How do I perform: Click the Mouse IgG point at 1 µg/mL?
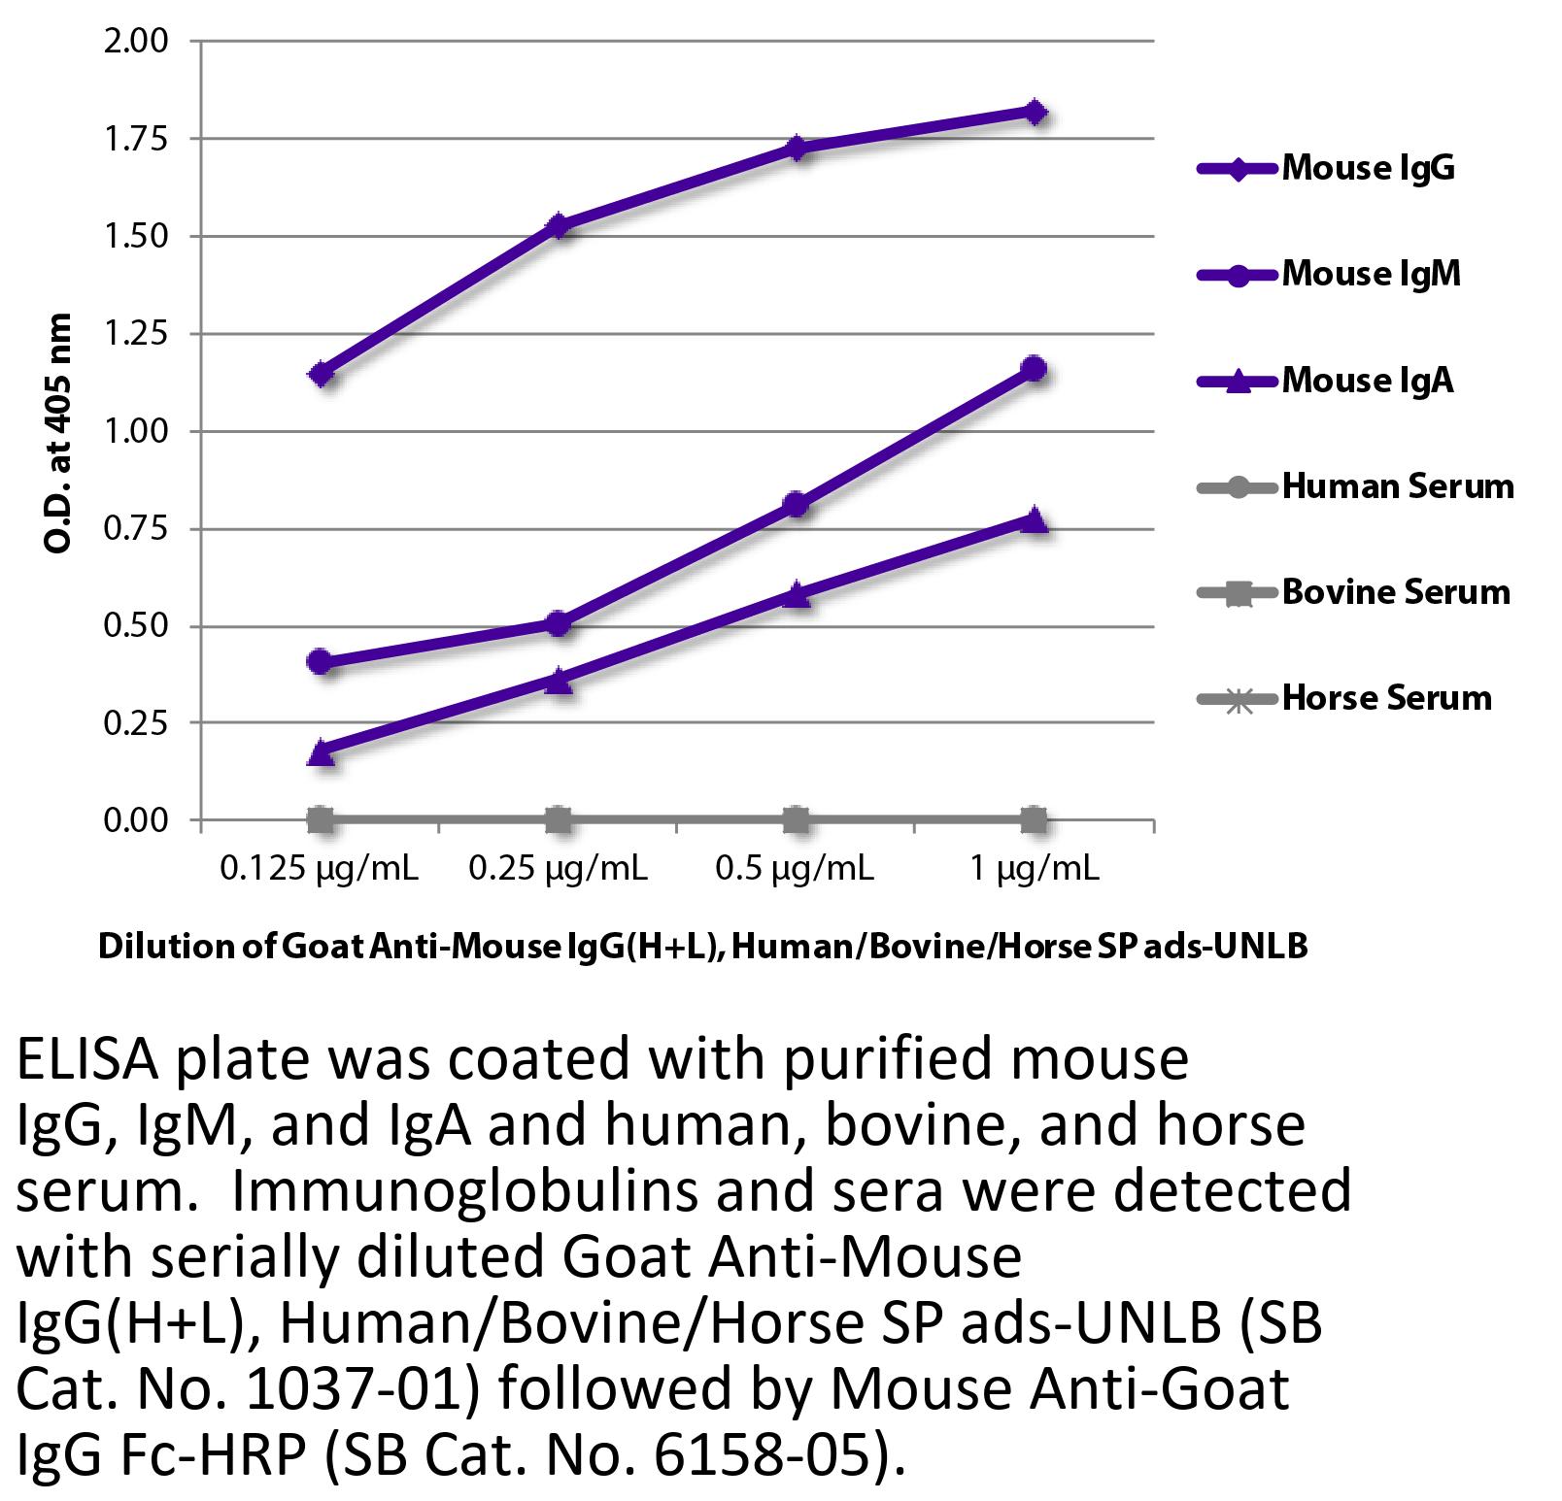coord(1035,113)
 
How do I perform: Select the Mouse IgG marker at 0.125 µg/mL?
coord(322,374)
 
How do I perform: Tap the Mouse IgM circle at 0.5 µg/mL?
coord(796,504)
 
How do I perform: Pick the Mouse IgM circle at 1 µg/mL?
coord(1035,369)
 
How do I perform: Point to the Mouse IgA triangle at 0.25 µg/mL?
coord(559,680)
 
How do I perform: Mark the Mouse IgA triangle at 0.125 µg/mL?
coord(322,752)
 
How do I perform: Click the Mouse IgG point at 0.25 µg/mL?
coord(559,226)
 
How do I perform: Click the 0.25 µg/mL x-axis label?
coord(558,868)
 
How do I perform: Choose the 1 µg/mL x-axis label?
coord(1035,868)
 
